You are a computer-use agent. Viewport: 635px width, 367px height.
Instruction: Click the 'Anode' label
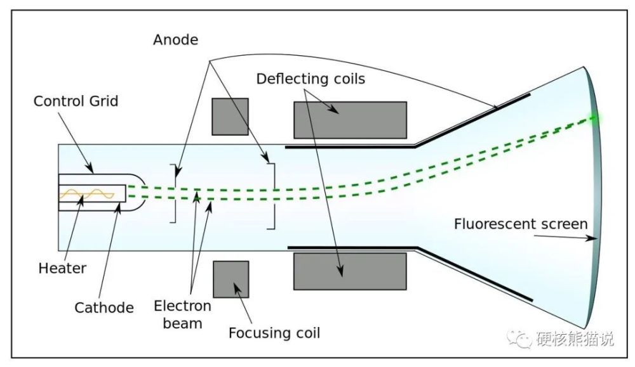coord(175,40)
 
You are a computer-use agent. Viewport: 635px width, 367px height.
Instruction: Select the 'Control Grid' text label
coord(76,101)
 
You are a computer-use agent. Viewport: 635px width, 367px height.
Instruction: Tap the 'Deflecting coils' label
coord(311,79)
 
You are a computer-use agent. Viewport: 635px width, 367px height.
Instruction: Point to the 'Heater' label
coord(62,268)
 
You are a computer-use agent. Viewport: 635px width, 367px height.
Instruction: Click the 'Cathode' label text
coord(104,308)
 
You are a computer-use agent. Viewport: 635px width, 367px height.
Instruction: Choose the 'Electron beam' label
coord(183,314)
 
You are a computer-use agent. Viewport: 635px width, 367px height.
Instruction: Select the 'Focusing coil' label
coord(274,333)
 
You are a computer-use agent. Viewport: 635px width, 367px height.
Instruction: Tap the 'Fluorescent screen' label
coord(521,224)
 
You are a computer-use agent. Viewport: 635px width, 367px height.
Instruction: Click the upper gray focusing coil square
coord(230,116)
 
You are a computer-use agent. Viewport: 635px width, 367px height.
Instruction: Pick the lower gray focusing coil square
coord(230,279)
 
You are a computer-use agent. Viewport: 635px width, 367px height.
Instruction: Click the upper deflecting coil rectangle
coord(350,120)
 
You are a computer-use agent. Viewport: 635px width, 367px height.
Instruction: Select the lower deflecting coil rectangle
coord(350,271)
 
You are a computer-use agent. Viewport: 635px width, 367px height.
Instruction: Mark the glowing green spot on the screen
coord(595,119)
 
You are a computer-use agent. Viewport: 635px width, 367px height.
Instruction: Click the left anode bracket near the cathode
coord(173,193)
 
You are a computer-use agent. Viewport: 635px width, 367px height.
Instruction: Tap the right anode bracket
coord(272,196)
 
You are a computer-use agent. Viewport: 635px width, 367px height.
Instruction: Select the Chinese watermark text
coord(575,339)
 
